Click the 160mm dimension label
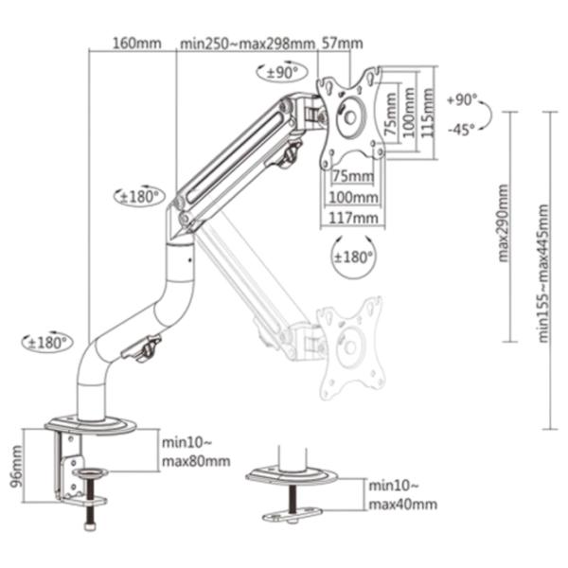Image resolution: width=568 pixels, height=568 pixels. pyautogui.click(x=137, y=44)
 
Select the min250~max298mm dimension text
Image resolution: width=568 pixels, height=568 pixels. pyautogui.click(x=247, y=44)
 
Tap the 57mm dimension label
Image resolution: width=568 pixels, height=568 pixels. pyautogui.click(x=343, y=44)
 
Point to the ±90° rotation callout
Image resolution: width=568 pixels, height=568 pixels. pyautogui.click(x=282, y=72)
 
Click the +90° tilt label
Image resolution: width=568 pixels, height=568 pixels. pyautogui.click(x=462, y=99)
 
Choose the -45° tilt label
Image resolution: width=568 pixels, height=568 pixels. pyautogui.click(x=462, y=130)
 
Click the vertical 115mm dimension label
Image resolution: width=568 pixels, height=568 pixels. pyautogui.click(x=428, y=113)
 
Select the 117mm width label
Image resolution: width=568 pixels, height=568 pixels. pyautogui.click(x=353, y=218)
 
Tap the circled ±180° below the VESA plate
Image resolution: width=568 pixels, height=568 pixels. pyautogui.click(x=353, y=257)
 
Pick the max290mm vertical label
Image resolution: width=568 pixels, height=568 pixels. pyautogui.click(x=504, y=223)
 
